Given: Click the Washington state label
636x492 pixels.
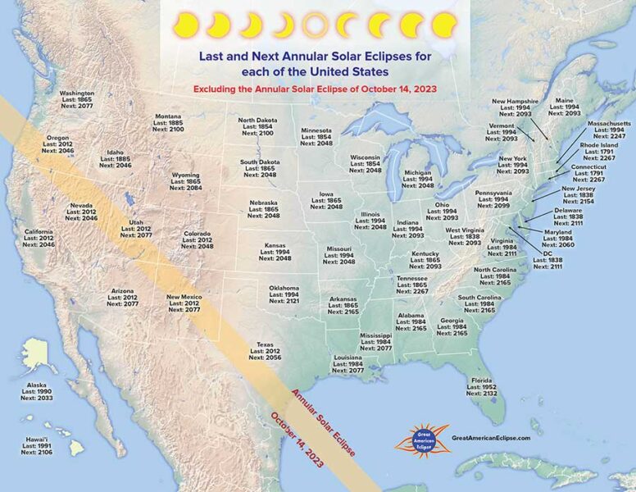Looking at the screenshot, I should click(76, 100).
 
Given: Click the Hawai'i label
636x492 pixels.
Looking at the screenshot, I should click(35, 446).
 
